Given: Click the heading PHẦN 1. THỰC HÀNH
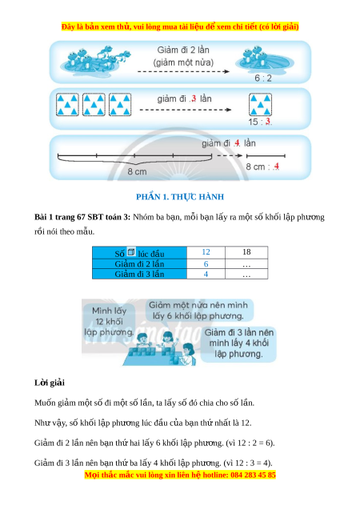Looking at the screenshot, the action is point(180,197).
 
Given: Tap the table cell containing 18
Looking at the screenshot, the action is point(246,252).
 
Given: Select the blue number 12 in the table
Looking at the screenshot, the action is point(206,252).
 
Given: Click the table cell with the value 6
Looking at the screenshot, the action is point(206,263).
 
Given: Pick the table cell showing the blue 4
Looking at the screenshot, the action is point(206,274).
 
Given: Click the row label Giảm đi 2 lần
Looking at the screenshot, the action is point(139,263).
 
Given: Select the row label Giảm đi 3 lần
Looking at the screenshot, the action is point(139,274).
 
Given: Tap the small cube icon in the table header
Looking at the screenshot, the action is point(131,251).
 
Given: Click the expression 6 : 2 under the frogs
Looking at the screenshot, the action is point(263,78).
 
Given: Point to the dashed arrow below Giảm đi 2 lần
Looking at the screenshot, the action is point(183,71).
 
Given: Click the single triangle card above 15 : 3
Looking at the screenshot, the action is point(260,105).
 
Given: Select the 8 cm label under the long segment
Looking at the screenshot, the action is point(137,171).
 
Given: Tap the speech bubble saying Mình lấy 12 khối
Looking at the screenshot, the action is point(109,321).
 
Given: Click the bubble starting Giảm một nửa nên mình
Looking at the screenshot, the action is point(198,311).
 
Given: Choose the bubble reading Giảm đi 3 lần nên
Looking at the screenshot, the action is point(239,343).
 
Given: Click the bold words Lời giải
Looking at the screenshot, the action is point(50,383).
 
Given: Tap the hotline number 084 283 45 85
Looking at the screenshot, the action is point(253,475).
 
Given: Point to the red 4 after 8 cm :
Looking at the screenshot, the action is point(276,167).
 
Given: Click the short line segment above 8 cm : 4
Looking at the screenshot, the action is point(266,156).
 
